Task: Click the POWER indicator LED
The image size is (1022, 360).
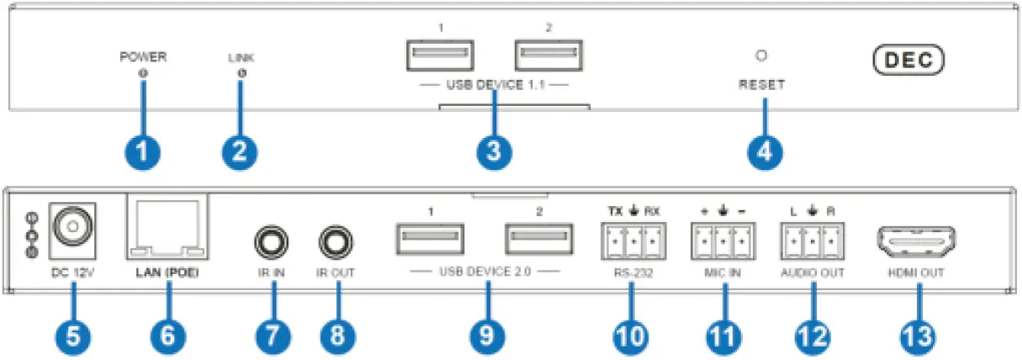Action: tap(143, 74)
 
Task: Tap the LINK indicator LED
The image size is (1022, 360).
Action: tap(241, 75)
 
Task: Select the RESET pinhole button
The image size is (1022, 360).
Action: tap(762, 56)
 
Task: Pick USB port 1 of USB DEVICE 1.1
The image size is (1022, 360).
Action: tap(439, 56)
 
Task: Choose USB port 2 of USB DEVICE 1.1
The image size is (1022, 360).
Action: tap(548, 56)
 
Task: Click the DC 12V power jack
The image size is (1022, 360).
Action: tap(72, 225)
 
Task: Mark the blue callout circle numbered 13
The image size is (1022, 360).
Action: tap(916, 335)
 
